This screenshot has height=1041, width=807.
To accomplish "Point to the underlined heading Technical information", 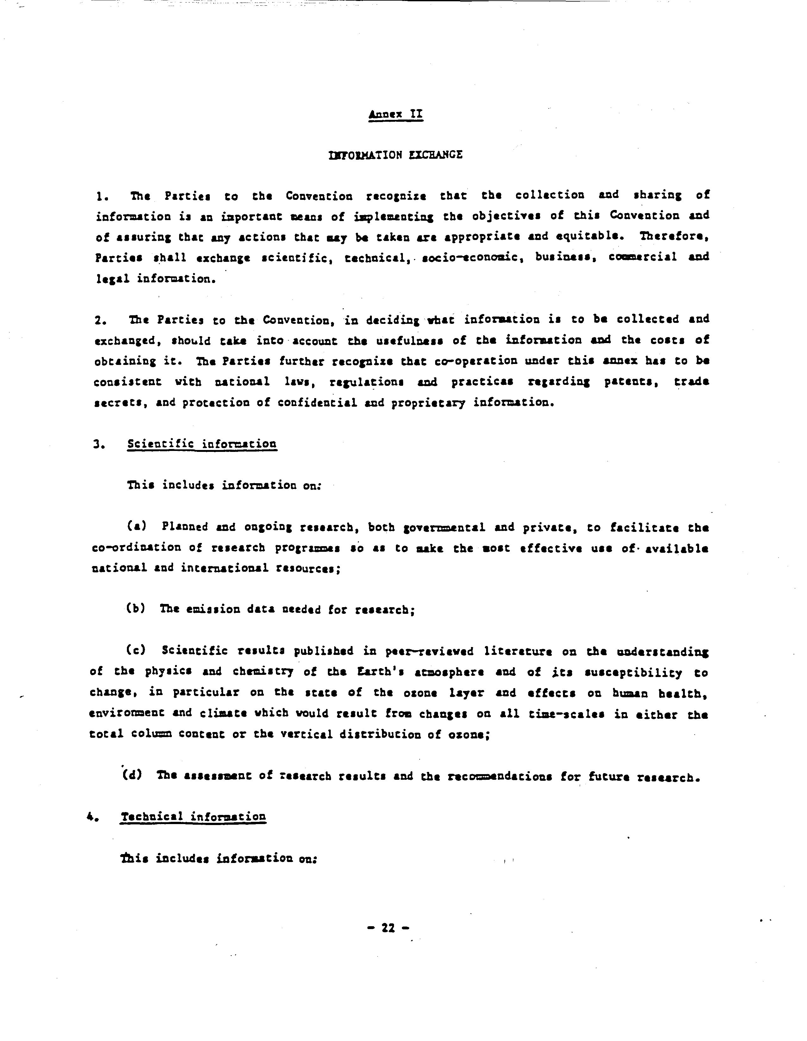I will pos(193,816).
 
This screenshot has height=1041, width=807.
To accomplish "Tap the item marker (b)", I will pos(135,609).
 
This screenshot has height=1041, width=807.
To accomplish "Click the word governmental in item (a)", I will pos(444,528).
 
